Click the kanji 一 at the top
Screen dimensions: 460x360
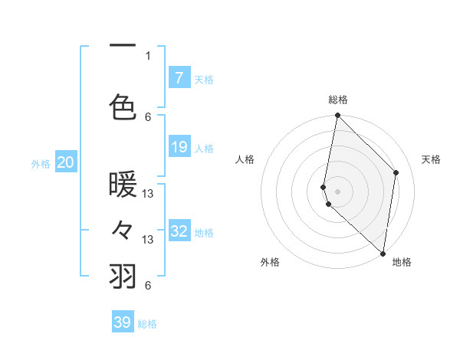(123, 46)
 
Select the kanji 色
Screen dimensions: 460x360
(123, 106)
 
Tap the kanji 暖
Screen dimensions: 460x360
(123, 185)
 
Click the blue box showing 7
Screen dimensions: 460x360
(179, 77)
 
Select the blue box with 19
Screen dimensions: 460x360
(179, 147)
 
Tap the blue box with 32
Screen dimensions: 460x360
(179, 231)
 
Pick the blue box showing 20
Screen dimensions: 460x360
(66, 162)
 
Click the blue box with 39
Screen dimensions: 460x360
(123, 322)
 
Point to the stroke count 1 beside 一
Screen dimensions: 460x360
(148, 56)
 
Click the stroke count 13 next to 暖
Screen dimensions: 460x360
(149, 194)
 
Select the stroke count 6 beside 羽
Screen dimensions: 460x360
(148, 286)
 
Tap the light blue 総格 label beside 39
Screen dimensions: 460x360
(147, 324)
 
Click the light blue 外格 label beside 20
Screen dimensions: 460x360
(41, 163)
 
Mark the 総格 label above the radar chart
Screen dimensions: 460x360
(338, 100)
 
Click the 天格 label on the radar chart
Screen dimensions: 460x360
(431, 159)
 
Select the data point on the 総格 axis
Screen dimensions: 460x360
(337, 116)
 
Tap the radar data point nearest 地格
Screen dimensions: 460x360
(383, 253)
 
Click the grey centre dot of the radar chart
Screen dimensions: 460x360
(337, 191)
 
